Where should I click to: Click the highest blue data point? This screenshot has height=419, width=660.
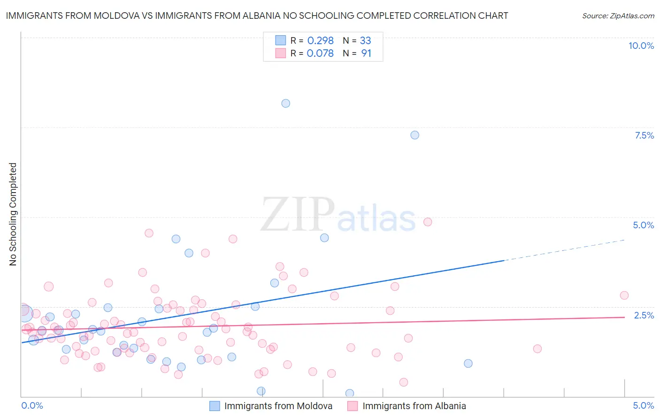click(x=285, y=103)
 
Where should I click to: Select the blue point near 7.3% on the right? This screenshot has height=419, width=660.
click(x=414, y=135)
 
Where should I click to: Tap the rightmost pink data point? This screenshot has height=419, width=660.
click(x=624, y=295)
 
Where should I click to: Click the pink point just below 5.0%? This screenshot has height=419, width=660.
click(x=427, y=222)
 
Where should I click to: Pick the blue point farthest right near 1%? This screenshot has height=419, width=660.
click(x=468, y=363)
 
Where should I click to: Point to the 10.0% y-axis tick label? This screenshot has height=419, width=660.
click(x=641, y=46)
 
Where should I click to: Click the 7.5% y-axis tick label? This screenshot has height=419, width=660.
click(x=644, y=135)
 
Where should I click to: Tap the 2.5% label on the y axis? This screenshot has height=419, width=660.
click(x=644, y=315)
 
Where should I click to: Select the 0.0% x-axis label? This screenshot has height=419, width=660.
click(x=32, y=405)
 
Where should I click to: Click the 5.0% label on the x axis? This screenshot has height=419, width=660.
click(x=643, y=405)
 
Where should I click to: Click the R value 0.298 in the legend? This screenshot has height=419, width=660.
click(x=320, y=40)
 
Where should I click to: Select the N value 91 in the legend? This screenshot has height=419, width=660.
click(x=366, y=54)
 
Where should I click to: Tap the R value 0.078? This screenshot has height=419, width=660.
click(x=320, y=54)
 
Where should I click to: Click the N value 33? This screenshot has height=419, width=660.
click(x=365, y=40)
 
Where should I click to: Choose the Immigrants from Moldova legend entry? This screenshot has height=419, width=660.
click(x=278, y=406)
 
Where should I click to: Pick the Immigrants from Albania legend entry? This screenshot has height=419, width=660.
click(x=414, y=406)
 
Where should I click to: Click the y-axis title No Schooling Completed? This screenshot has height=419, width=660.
click(x=13, y=214)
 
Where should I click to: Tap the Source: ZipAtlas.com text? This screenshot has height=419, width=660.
click(x=618, y=16)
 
